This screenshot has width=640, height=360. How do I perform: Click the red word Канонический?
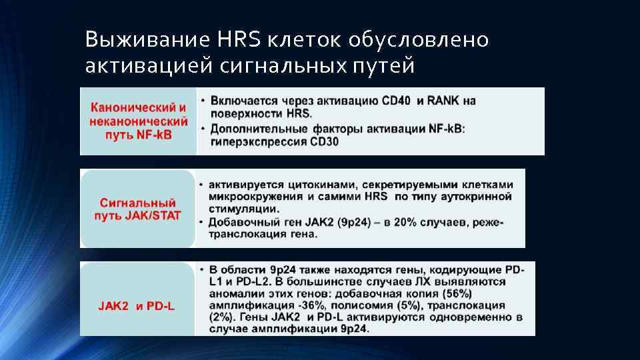[138, 106]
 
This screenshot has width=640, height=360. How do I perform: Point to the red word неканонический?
[139, 123]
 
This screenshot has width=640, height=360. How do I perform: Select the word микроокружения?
[257, 197]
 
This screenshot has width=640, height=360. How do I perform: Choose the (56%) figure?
[456, 293]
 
